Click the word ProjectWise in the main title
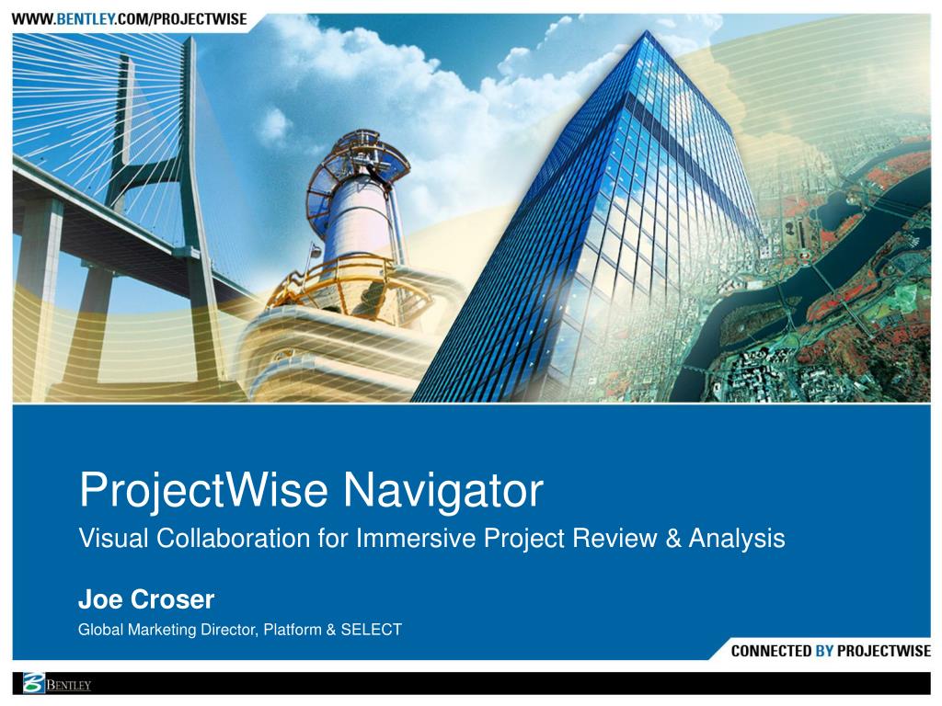pyautogui.click(x=203, y=491)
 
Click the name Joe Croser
pyautogui.click(x=145, y=599)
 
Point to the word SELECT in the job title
pyautogui.click(x=372, y=630)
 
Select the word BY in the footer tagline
pyautogui.click(x=824, y=651)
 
